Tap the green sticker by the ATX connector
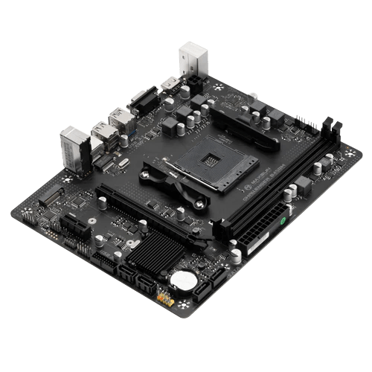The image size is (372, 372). click(x=283, y=221)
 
